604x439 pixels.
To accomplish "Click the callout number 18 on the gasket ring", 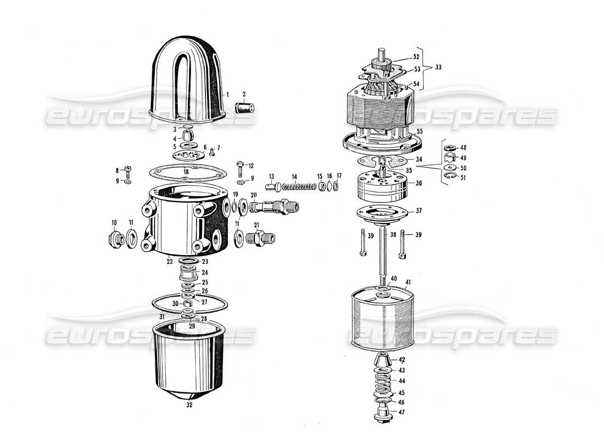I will (186, 172).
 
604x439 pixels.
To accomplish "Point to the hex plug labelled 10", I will (114, 240).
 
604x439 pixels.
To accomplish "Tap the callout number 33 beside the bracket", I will (438, 68).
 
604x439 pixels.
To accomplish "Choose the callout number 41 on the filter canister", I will (407, 284).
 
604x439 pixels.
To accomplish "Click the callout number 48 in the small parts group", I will (463, 148).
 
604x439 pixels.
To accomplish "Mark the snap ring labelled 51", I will (449, 176).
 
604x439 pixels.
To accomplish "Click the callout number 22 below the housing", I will (170, 262).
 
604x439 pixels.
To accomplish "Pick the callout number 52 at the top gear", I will (416, 57).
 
